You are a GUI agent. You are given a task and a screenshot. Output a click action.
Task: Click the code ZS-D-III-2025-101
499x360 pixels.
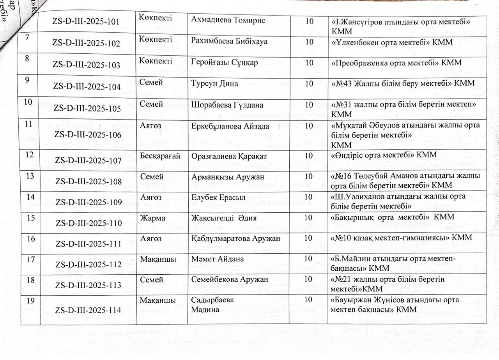pos(86,21)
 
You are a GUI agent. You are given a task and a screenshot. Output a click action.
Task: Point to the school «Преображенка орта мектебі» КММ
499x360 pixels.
pos(396,63)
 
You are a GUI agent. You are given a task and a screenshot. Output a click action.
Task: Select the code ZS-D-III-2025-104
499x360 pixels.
pos(87,87)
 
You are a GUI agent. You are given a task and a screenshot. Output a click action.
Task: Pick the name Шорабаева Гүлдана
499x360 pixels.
pos(227,105)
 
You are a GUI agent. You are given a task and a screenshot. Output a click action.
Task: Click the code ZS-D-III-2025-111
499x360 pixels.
pos(88,244)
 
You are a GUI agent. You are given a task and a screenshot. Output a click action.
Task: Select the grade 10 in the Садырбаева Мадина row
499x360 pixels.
pos(308,300)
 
